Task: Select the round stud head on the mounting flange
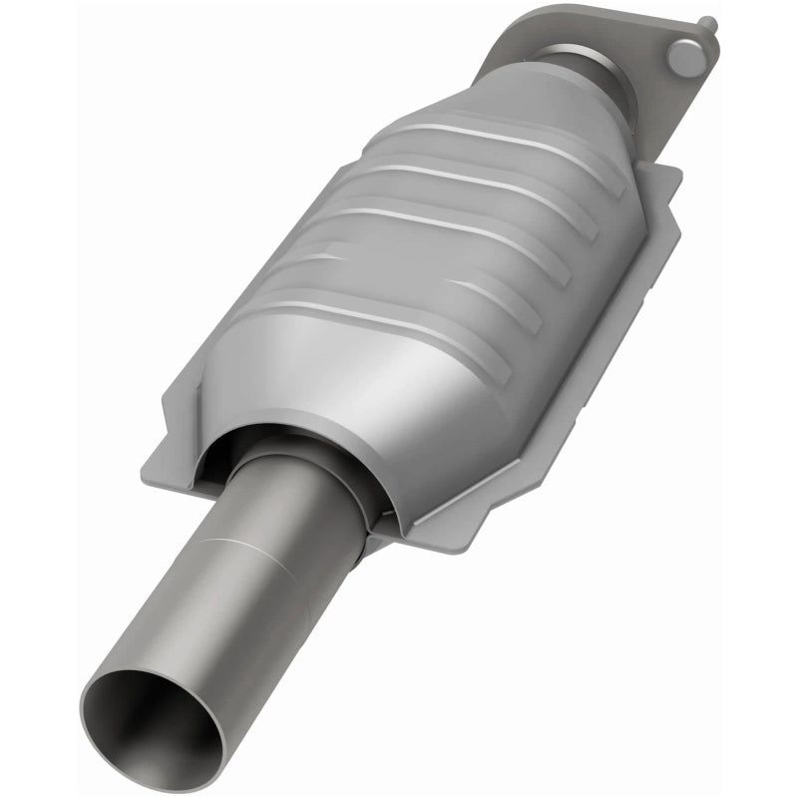(x=686, y=57)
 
